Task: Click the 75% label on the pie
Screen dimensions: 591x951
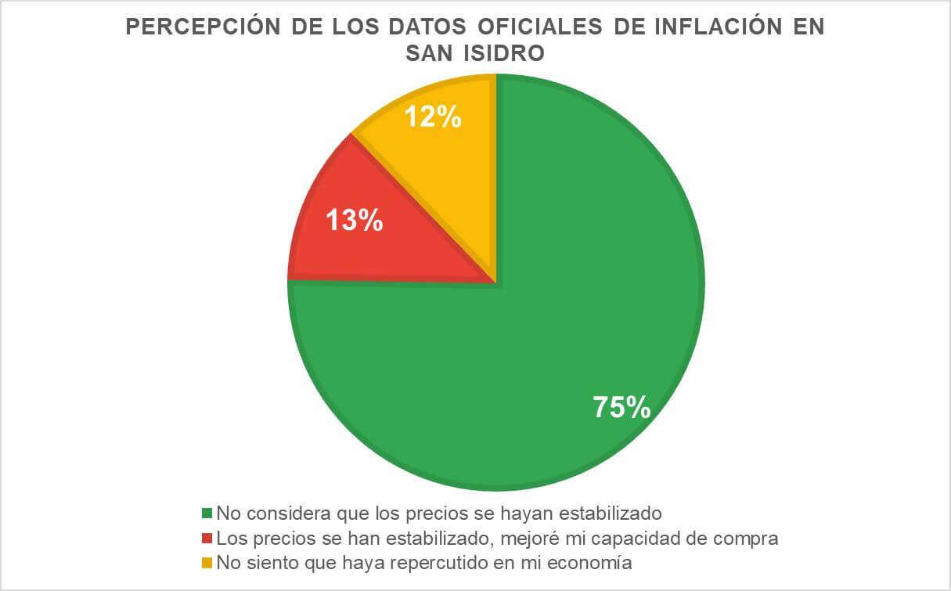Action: point(621,408)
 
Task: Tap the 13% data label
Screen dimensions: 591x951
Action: point(355,220)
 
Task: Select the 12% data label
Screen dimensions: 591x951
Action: point(432,117)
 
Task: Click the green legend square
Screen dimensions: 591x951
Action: point(207,514)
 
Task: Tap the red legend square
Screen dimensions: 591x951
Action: point(207,539)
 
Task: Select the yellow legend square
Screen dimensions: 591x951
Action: point(207,563)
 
